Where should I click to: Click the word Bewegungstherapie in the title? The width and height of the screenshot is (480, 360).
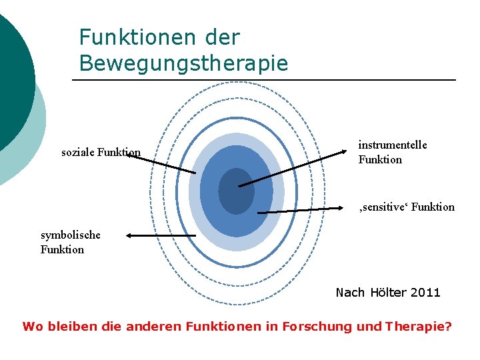[183, 63]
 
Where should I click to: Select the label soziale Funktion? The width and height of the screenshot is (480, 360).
[101, 153]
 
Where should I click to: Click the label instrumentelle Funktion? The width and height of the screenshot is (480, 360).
[392, 152]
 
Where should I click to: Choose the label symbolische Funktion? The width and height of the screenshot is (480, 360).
[70, 242]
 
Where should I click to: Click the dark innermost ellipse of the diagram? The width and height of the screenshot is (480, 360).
[236, 191]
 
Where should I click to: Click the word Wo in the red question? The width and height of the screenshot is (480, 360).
[30, 327]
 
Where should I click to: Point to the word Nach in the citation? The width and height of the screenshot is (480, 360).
[350, 293]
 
